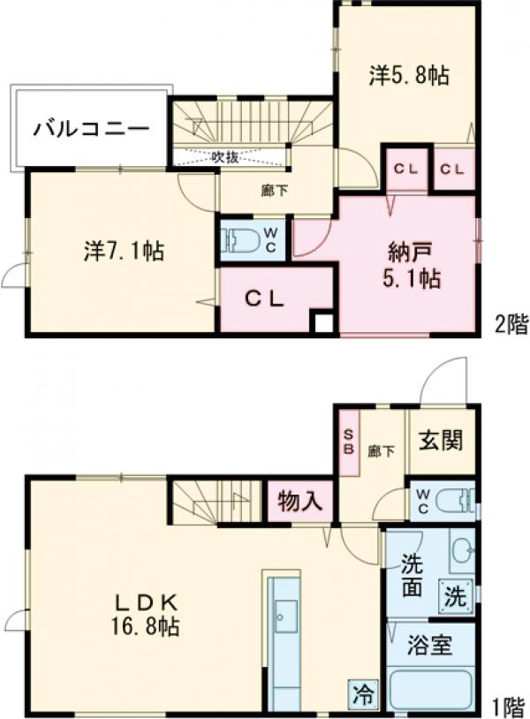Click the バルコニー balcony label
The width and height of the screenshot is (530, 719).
pyautogui.click(x=91, y=130)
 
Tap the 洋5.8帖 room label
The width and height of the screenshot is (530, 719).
pyautogui.click(x=407, y=77)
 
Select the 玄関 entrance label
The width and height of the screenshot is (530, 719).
pyautogui.click(x=441, y=440)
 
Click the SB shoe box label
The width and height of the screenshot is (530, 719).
pyautogui.click(x=348, y=442)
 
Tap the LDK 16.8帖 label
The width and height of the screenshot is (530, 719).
pyautogui.click(x=147, y=615)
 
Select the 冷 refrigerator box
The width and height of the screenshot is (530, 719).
pyautogui.click(x=362, y=694)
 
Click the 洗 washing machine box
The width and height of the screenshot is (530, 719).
pyautogui.click(x=454, y=597)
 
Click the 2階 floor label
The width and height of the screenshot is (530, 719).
pyautogui.click(x=510, y=326)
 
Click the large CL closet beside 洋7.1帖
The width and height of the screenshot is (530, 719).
pyautogui.click(x=264, y=299)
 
